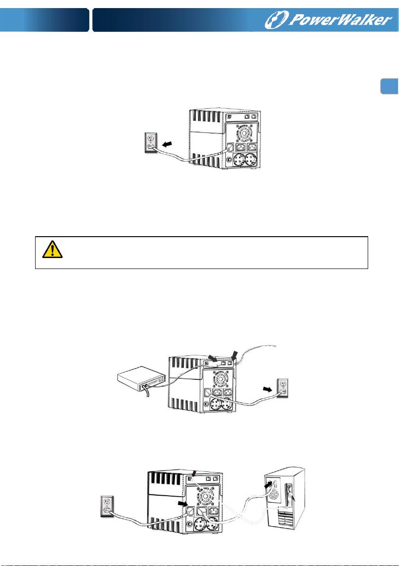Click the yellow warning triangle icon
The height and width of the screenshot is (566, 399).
click(x=52, y=249)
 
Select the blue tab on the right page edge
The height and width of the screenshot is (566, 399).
click(x=390, y=86)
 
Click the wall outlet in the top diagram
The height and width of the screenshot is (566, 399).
click(x=151, y=143)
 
